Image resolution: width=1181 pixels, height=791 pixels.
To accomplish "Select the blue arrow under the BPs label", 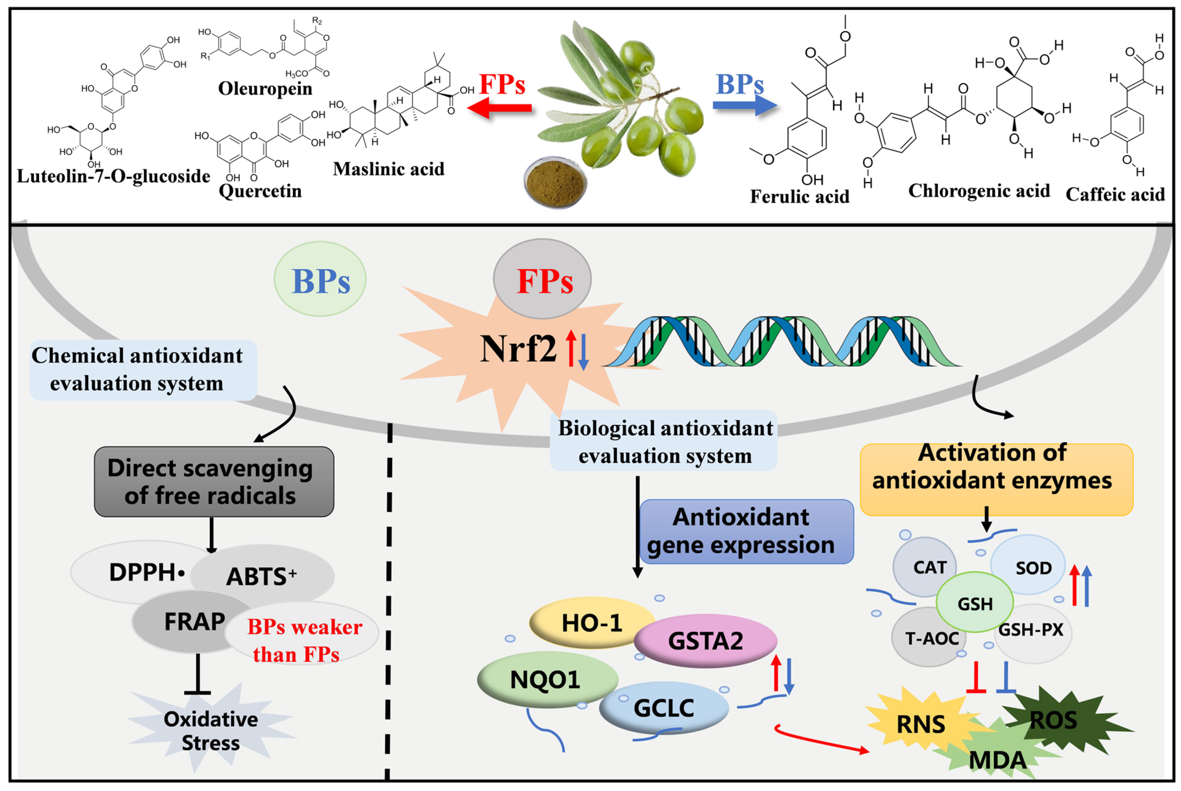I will pyautogui.click(x=744, y=105).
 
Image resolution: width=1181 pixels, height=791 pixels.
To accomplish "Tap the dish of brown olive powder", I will pyautogui.click(x=555, y=183).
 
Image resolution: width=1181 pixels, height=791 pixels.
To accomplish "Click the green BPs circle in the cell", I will pyautogui.click(x=320, y=279).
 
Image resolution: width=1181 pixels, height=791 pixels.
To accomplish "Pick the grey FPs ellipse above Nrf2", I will pyautogui.click(x=542, y=279).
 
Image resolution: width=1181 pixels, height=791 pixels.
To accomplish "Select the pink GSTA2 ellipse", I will pyautogui.click(x=705, y=641).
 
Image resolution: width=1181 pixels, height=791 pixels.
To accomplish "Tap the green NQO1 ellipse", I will pyautogui.click(x=546, y=679).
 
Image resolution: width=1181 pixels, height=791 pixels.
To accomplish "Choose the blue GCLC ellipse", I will pyautogui.click(x=664, y=708).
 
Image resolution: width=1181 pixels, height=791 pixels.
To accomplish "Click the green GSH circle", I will pyautogui.click(x=974, y=603).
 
